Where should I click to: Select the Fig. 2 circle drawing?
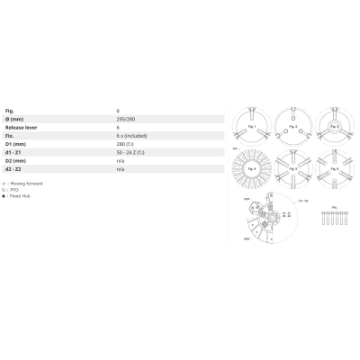291,126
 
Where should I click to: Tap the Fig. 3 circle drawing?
332,126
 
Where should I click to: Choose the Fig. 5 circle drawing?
291,166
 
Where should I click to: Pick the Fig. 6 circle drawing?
332,166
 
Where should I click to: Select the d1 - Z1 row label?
15,152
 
